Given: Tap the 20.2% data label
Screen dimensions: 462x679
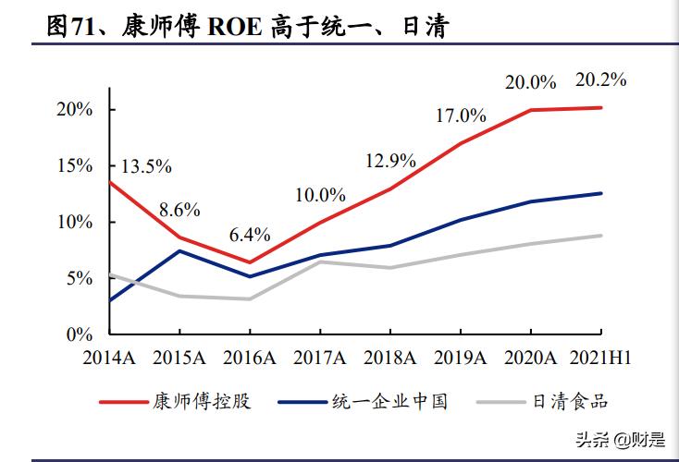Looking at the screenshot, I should click(x=600, y=79).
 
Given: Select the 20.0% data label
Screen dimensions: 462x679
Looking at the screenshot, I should click(x=530, y=82).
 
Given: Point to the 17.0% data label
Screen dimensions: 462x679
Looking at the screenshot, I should click(x=461, y=115).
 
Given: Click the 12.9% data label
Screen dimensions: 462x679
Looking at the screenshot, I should click(x=390, y=160).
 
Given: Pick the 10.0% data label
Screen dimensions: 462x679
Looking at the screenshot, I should click(x=320, y=195).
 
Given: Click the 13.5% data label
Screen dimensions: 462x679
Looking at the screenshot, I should click(x=146, y=166).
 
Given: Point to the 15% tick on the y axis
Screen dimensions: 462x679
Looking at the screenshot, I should click(x=73, y=166).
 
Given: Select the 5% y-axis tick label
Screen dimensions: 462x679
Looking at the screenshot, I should click(x=78, y=278).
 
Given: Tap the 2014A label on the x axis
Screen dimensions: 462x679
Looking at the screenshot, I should click(x=110, y=358).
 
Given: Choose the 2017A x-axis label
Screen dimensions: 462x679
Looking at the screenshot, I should click(x=320, y=358).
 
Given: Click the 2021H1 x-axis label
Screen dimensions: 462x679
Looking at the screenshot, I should click(x=600, y=358).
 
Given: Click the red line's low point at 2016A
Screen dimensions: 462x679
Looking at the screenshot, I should click(x=250, y=261).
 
